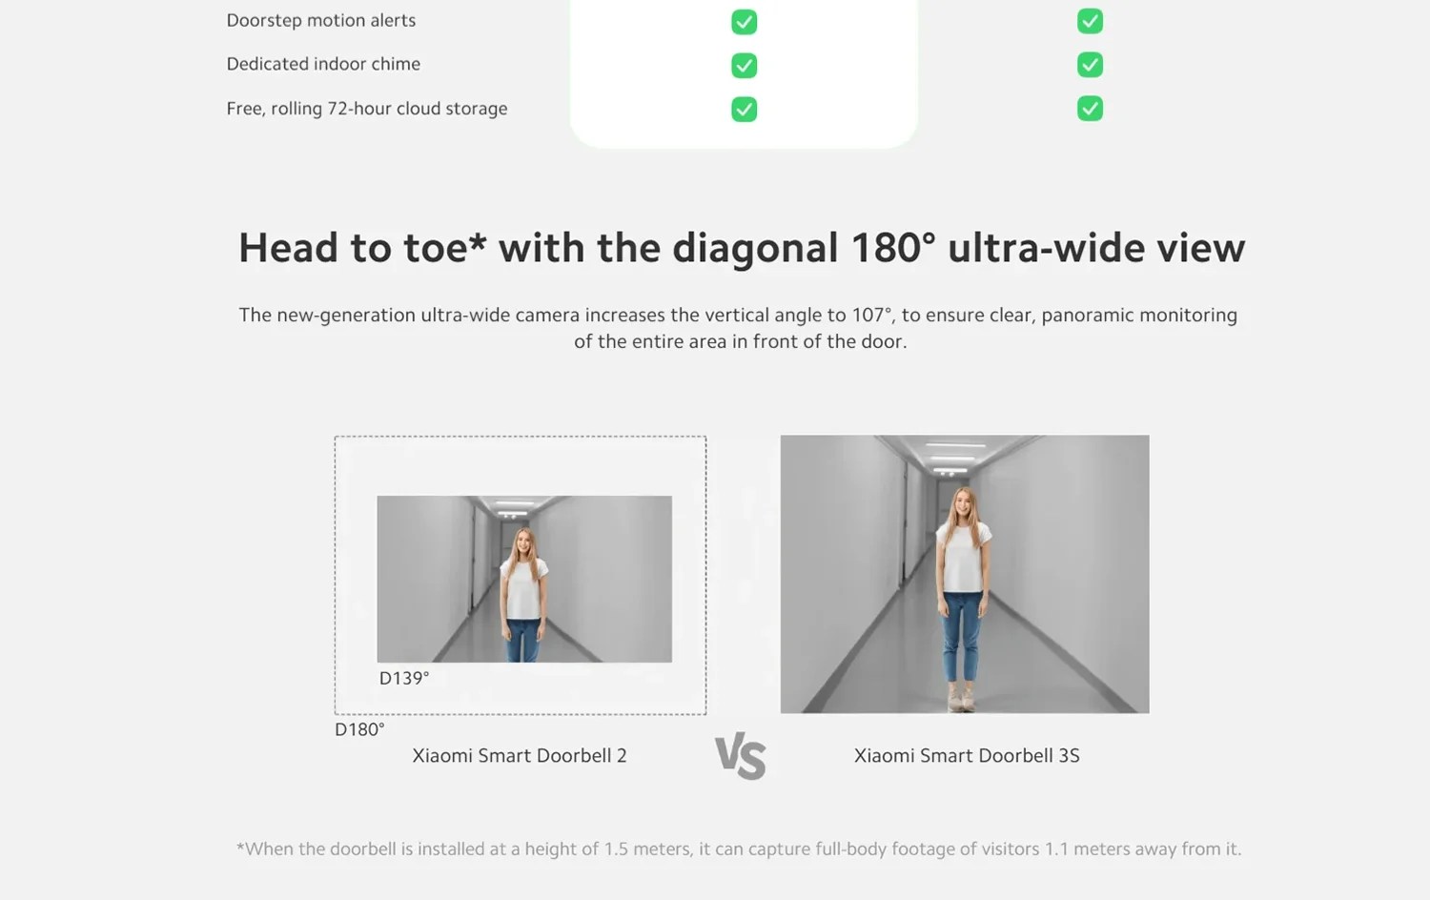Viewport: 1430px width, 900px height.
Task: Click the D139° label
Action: (x=404, y=678)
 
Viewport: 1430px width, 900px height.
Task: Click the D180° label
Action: (x=359, y=729)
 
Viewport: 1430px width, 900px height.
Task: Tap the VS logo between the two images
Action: (x=741, y=756)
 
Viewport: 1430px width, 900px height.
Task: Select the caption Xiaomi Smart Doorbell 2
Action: (x=520, y=756)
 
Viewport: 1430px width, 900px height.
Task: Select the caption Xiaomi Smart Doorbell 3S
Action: (x=967, y=756)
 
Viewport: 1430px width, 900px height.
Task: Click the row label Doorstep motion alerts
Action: (x=321, y=20)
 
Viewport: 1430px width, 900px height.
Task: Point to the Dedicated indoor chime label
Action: (x=324, y=64)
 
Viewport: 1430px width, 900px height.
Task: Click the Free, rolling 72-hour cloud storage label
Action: (x=367, y=109)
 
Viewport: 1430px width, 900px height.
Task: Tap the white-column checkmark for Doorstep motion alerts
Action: (x=745, y=22)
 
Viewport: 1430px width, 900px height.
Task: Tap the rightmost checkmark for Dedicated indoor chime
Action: (x=1090, y=65)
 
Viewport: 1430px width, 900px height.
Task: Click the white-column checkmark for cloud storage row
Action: (x=745, y=109)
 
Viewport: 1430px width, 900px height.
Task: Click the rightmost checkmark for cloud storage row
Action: (x=1090, y=109)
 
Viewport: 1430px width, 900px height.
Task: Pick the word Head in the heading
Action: (x=288, y=248)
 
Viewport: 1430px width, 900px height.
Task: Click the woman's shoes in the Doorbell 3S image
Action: (x=961, y=698)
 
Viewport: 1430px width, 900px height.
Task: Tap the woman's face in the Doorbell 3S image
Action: (x=962, y=505)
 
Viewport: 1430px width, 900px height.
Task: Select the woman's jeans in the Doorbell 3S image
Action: (x=961, y=636)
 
